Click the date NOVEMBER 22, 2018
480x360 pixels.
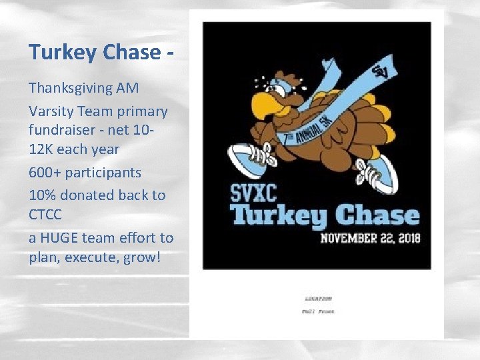(x=371, y=238)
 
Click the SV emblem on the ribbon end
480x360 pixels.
(x=382, y=69)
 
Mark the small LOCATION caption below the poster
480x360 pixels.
(x=319, y=299)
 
